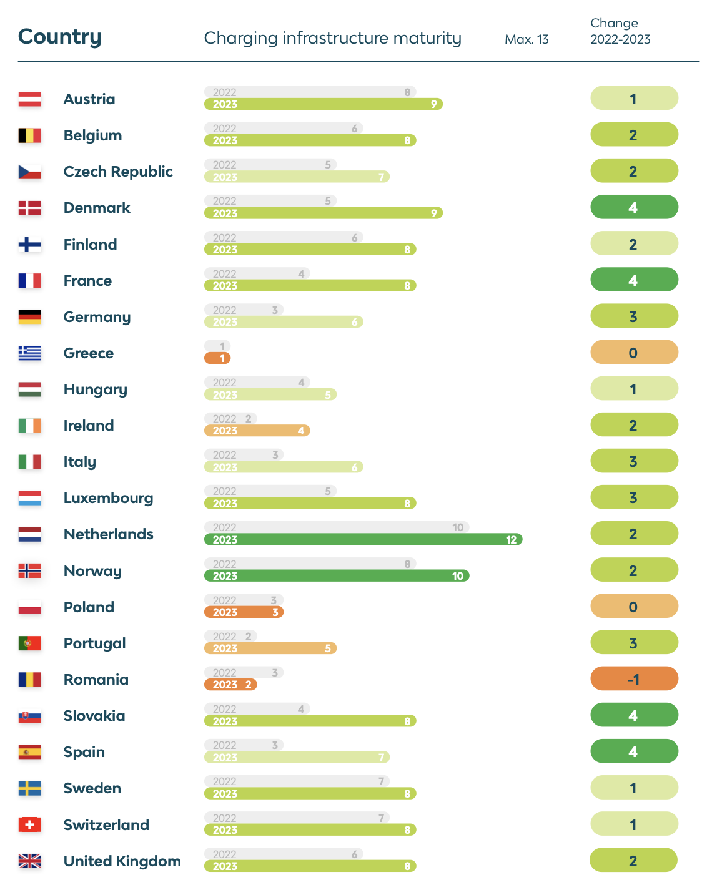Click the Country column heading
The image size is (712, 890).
[x=59, y=37]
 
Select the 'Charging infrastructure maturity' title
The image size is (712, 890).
[x=332, y=38]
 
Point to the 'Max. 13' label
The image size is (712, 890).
[x=527, y=39]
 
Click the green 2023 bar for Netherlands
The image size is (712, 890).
[x=363, y=540]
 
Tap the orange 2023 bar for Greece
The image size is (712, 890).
[x=217, y=358]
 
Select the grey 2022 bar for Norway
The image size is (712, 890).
[x=310, y=564]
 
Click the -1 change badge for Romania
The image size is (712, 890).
[x=634, y=679]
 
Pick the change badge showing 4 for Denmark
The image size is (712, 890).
[x=634, y=207]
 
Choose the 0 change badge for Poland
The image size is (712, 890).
[x=634, y=607]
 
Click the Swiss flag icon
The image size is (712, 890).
[x=29, y=825]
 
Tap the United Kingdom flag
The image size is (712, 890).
[x=29, y=861]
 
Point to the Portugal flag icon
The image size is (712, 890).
[x=29, y=643]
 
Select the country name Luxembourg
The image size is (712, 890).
[x=108, y=498]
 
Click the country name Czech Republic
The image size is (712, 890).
[x=118, y=172]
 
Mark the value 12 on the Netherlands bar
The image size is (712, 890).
[x=511, y=540]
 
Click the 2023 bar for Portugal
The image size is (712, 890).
[x=270, y=648]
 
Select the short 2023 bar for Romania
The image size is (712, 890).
[x=230, y=685]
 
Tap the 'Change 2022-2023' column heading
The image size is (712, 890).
[x=620, y=31]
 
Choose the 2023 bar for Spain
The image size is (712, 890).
[x=297, y=758]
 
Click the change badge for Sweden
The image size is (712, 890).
[x=634, y=788]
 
